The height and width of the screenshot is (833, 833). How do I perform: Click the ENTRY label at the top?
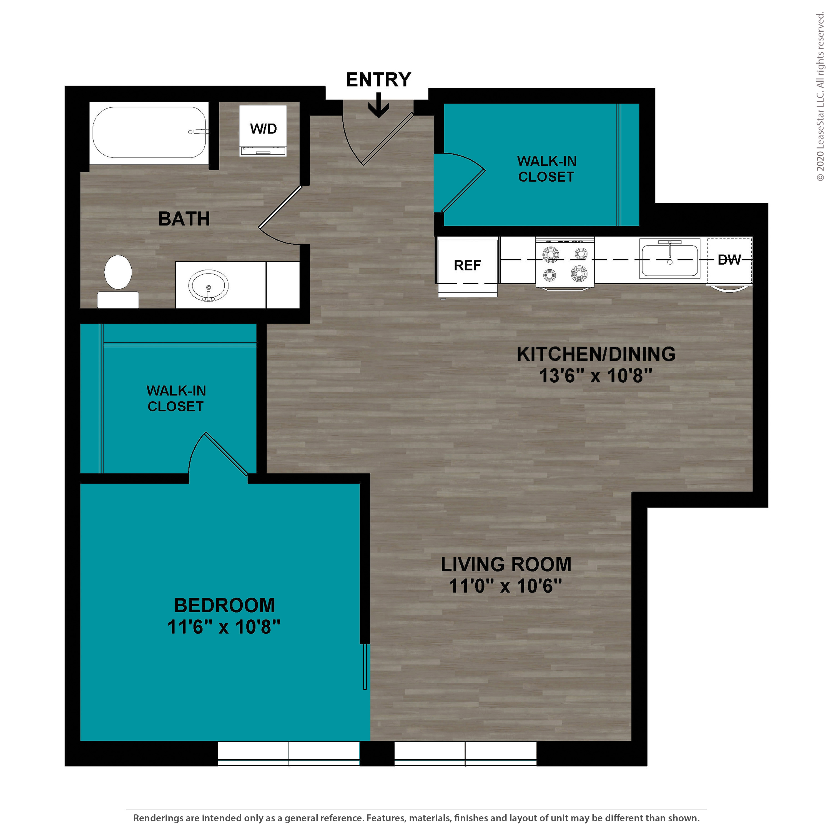click(378, 80)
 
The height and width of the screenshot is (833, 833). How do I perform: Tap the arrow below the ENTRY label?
click(378, 105)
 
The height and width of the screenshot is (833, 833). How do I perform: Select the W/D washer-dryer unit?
click(263, 131)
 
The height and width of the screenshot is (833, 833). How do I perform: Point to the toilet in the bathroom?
click(118, 281)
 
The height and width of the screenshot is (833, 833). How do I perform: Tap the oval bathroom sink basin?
click(208, 285)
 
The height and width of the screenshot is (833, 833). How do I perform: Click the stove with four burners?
click(565, 263)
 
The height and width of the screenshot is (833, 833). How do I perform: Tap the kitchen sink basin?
click(669, 260)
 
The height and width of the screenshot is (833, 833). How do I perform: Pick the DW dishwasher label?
click(729, 260)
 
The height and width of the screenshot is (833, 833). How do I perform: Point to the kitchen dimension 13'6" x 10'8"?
click(595, 375)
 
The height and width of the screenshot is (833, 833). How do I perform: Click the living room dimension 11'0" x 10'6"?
click(505, 586)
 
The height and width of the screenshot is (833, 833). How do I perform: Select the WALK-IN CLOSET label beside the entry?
click(547, 169)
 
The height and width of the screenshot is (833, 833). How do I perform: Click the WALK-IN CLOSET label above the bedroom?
click(176, 398)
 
